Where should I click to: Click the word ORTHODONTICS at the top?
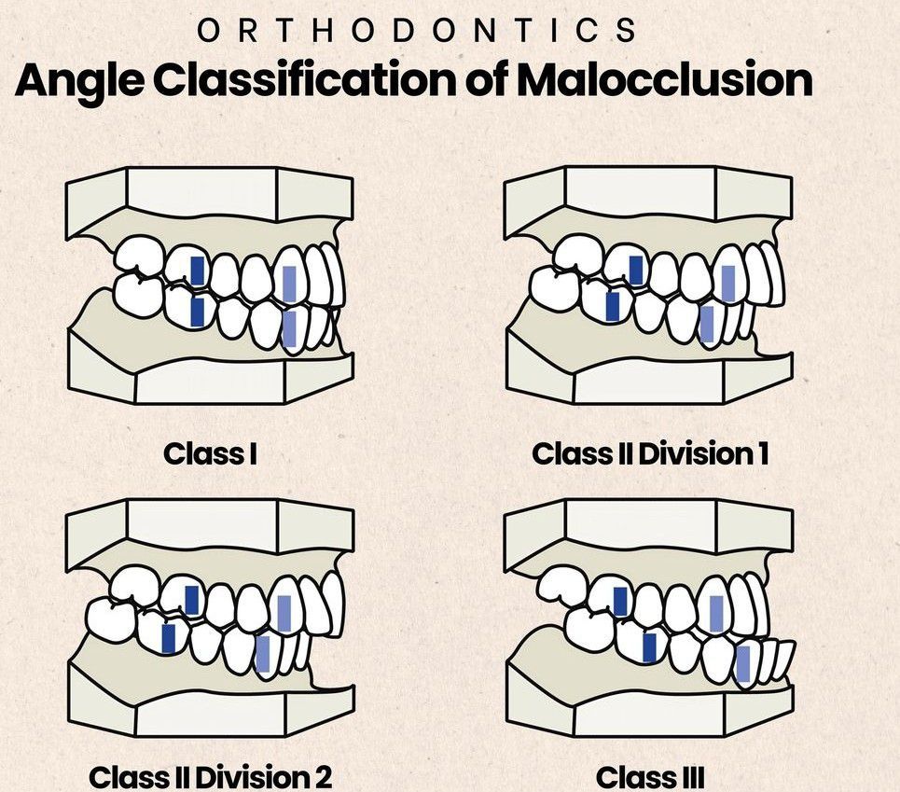click(x=417, y=30)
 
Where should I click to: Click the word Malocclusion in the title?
click(x=664, y=80)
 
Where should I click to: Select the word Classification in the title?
click(x=307, y=80)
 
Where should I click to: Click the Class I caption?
click(x=211, y=454)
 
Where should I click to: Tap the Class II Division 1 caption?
click(x=650, y=454)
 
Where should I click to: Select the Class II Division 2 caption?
click(x=210, y=776)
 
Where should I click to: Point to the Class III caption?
click(x=649, y=776)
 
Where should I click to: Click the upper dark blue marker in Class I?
click(x=198, y=271)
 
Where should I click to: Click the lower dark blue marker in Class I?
click(x=197, y=312)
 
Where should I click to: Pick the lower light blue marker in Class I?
click(x=290, y=331)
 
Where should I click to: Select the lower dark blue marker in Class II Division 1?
click(x=613, y=306)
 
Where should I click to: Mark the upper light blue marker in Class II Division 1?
click(x=728, y=283)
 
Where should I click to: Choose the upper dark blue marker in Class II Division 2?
click(x=192, y=600)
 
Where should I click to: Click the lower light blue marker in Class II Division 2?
click(x=263, y=654)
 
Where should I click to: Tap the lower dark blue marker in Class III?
click(x=649, y=646)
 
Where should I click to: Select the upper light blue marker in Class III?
click(x=716, y=613)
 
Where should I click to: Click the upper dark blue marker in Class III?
click(x=620, y=602)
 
